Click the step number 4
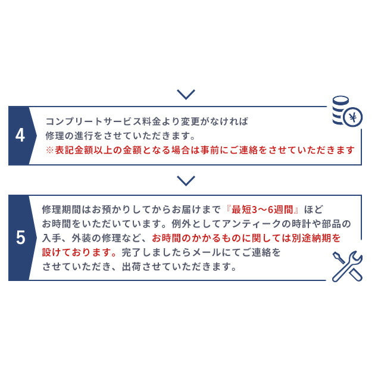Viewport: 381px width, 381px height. [x=20, y=135]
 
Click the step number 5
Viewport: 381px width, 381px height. [x=20, y=238]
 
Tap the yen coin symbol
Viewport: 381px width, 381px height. [x=353, y=117]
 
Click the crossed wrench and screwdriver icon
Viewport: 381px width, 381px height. [x=347, y=266]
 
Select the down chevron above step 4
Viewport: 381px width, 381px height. [x=186, y=95]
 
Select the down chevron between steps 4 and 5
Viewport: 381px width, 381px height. [x=186, y=181]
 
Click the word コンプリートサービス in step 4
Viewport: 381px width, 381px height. [x=93, y=121]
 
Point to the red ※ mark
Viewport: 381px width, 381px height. [x=50, y=150]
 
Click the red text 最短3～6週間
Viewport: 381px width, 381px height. [x=262, y=210]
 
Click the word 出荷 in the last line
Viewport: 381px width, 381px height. [x=132, y=267]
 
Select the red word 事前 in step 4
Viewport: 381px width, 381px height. [x=210, y=150]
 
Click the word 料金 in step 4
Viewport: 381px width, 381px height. [x=152, y=121]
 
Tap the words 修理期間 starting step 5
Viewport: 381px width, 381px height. [x=61, y=210]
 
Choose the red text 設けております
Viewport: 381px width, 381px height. [x=77, y=252]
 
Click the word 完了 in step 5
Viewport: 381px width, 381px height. [x=132, y=252]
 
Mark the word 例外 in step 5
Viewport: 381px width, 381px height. [x=181, y=224]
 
